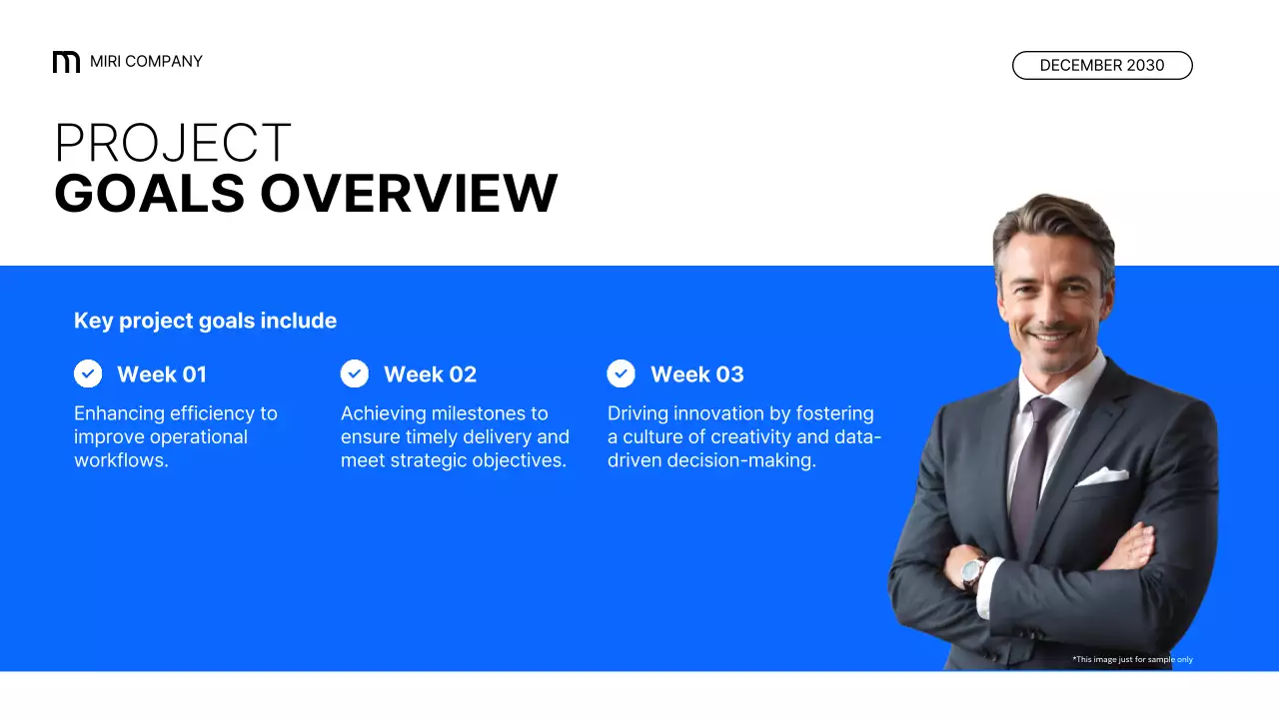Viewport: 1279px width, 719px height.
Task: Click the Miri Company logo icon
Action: [x=66, y=62]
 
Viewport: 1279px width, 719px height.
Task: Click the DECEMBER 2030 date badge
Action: [x=1102, y=65]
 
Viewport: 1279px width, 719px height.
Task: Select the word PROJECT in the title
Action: [x=173, y=143]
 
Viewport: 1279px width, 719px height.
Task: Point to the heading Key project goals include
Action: [x=205, y=321]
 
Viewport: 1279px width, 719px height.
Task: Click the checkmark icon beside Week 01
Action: [x=88, y=373]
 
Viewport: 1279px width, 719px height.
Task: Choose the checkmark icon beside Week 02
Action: [x=355, y=373]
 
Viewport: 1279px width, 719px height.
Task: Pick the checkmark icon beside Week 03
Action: [x=622, y=373]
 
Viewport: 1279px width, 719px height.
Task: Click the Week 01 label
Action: [x=162, y=374]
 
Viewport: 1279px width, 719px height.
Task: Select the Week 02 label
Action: [x=430, y=374]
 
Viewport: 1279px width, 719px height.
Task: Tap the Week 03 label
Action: [x=697, y=374]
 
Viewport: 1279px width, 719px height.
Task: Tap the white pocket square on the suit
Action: [x=1102, y=476]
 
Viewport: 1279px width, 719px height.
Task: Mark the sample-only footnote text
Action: [x=1132, y=659]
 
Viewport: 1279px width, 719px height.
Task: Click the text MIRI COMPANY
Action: [x=146, y=62]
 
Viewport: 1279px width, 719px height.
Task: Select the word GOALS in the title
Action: [x=150, y=193]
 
